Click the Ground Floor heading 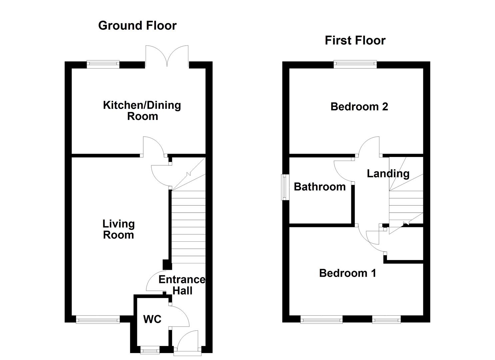pos(137,26)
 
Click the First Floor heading pos(355,41)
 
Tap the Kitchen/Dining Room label pos(142,111)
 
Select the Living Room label pos(118,229)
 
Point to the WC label pos(152,319)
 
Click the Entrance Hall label pos(182,285)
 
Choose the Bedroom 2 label pos(359,107)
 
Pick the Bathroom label pos(320,187)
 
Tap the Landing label pos(388,174)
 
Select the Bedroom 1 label pos(348,273)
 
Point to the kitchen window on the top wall pos(103,64)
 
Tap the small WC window pos(150,350)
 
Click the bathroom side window pos(285,187)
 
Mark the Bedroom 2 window pos(355,64)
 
